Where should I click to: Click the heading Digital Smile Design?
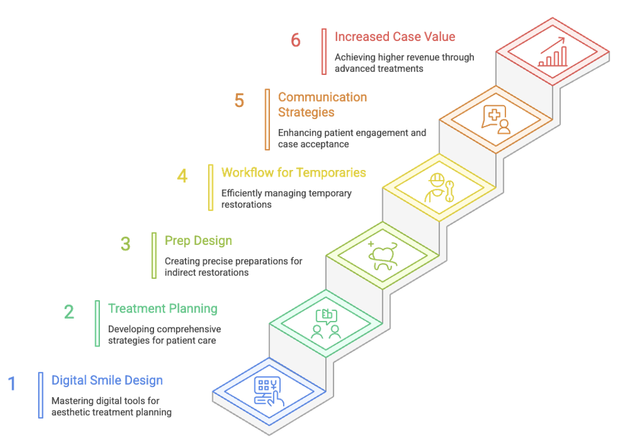point(107,380)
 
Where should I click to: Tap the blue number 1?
point(12,384)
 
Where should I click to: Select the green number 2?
point(69,311)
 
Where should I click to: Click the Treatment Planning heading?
point(162,309)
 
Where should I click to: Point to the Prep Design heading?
point(198,241)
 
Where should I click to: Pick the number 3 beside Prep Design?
point(125,244)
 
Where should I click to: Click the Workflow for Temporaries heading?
point(294,173)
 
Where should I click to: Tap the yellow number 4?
point(182,176)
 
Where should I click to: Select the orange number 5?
point(239,100)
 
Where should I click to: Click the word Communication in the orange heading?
point(322,97)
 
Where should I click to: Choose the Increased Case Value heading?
point(394,37)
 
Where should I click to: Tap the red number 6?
point(296,40)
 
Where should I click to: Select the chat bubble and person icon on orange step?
point(497,119)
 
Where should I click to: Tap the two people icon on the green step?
point(326,325)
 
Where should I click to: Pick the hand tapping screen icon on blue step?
point(269,392)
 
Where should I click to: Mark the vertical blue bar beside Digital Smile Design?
point(41,395)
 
